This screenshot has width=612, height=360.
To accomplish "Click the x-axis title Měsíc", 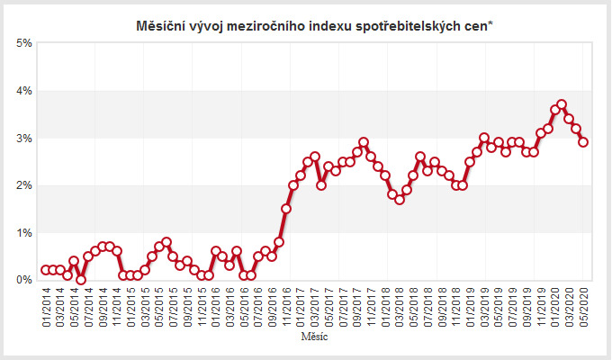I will point(315,337).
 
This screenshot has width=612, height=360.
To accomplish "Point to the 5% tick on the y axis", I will point(24,43).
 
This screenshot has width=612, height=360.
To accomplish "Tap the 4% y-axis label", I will point(24,91).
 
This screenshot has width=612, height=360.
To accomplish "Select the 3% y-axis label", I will point(24,138).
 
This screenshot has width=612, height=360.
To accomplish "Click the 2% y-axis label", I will point(24,185).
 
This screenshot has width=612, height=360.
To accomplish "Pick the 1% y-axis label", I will point(24,232).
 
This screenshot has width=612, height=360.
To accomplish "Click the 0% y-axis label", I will point(24,280).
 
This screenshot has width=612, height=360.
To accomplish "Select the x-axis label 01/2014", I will point(46,308).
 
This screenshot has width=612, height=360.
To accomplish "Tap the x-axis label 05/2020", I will point(584,308).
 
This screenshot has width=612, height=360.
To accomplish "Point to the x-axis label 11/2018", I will point(456,308).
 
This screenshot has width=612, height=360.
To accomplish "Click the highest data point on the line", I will point(562,104).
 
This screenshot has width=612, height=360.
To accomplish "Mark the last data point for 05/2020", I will point(584,142).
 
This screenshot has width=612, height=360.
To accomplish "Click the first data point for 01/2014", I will point(46,270).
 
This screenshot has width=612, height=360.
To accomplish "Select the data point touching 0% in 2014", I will point(81,280).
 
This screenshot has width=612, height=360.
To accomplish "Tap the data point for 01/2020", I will point(555,110).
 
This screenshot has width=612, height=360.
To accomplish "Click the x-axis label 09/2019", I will point(527,308).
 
